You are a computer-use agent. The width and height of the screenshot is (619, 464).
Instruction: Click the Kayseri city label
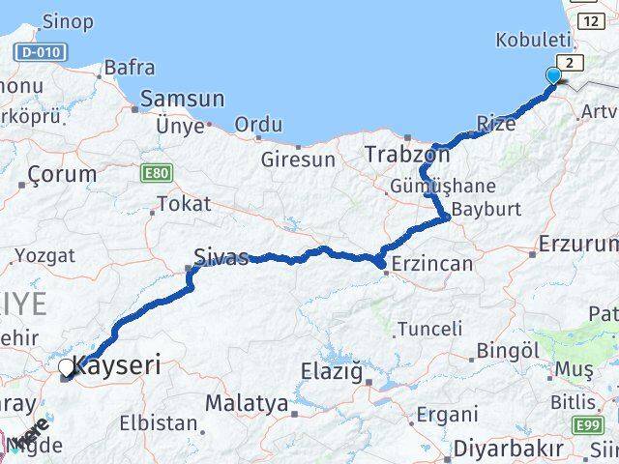tap(117, 367)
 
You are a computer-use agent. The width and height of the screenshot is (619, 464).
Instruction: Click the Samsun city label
tap(183, 99)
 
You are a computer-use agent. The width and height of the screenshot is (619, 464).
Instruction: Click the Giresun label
tap(296, 159)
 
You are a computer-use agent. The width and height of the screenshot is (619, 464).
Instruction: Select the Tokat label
tap(183, 204)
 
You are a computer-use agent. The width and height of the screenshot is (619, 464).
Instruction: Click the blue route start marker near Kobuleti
tap(553, 75)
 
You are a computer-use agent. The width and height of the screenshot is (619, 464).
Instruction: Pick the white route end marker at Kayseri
tap(67, 367)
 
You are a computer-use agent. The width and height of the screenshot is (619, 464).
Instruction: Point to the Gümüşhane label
tap(442, 186)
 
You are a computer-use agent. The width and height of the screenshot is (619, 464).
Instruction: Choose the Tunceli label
tap(430, 329)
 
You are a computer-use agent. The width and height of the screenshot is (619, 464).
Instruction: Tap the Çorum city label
tap(62, 175)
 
